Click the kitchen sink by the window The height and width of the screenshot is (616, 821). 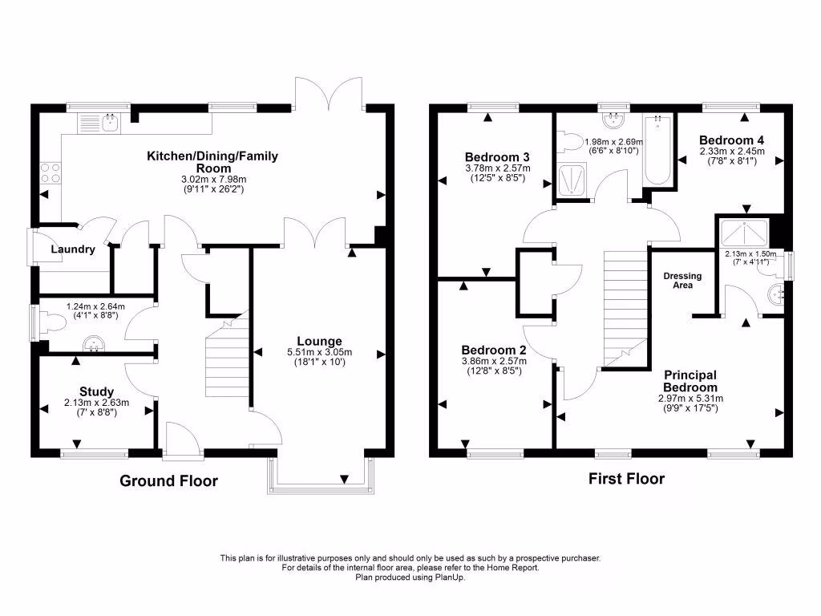(99, 123)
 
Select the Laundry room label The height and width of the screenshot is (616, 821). (73, 249)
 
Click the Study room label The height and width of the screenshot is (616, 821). (96, 391)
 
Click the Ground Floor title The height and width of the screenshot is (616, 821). (168, 481)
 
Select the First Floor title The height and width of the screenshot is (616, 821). (626, 479)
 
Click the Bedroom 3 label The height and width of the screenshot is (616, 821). (495, 156)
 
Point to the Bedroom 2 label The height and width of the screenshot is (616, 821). (494, 351)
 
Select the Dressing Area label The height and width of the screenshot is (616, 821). (682, 280)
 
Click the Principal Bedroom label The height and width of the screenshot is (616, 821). (690, 381)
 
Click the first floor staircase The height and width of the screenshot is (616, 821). (624, 305)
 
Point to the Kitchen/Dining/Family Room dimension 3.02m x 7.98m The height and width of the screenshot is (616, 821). (212, 180)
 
